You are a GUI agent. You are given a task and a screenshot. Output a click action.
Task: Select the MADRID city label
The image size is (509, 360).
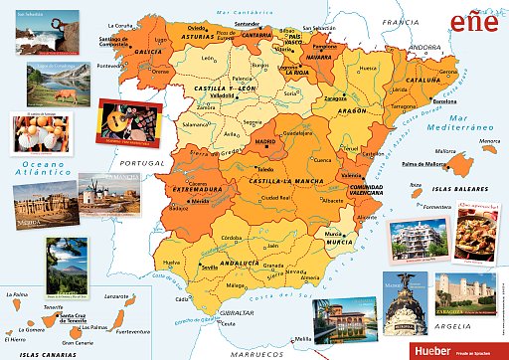(265, 142)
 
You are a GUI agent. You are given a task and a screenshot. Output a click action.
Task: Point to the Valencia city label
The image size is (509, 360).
(351, 175)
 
